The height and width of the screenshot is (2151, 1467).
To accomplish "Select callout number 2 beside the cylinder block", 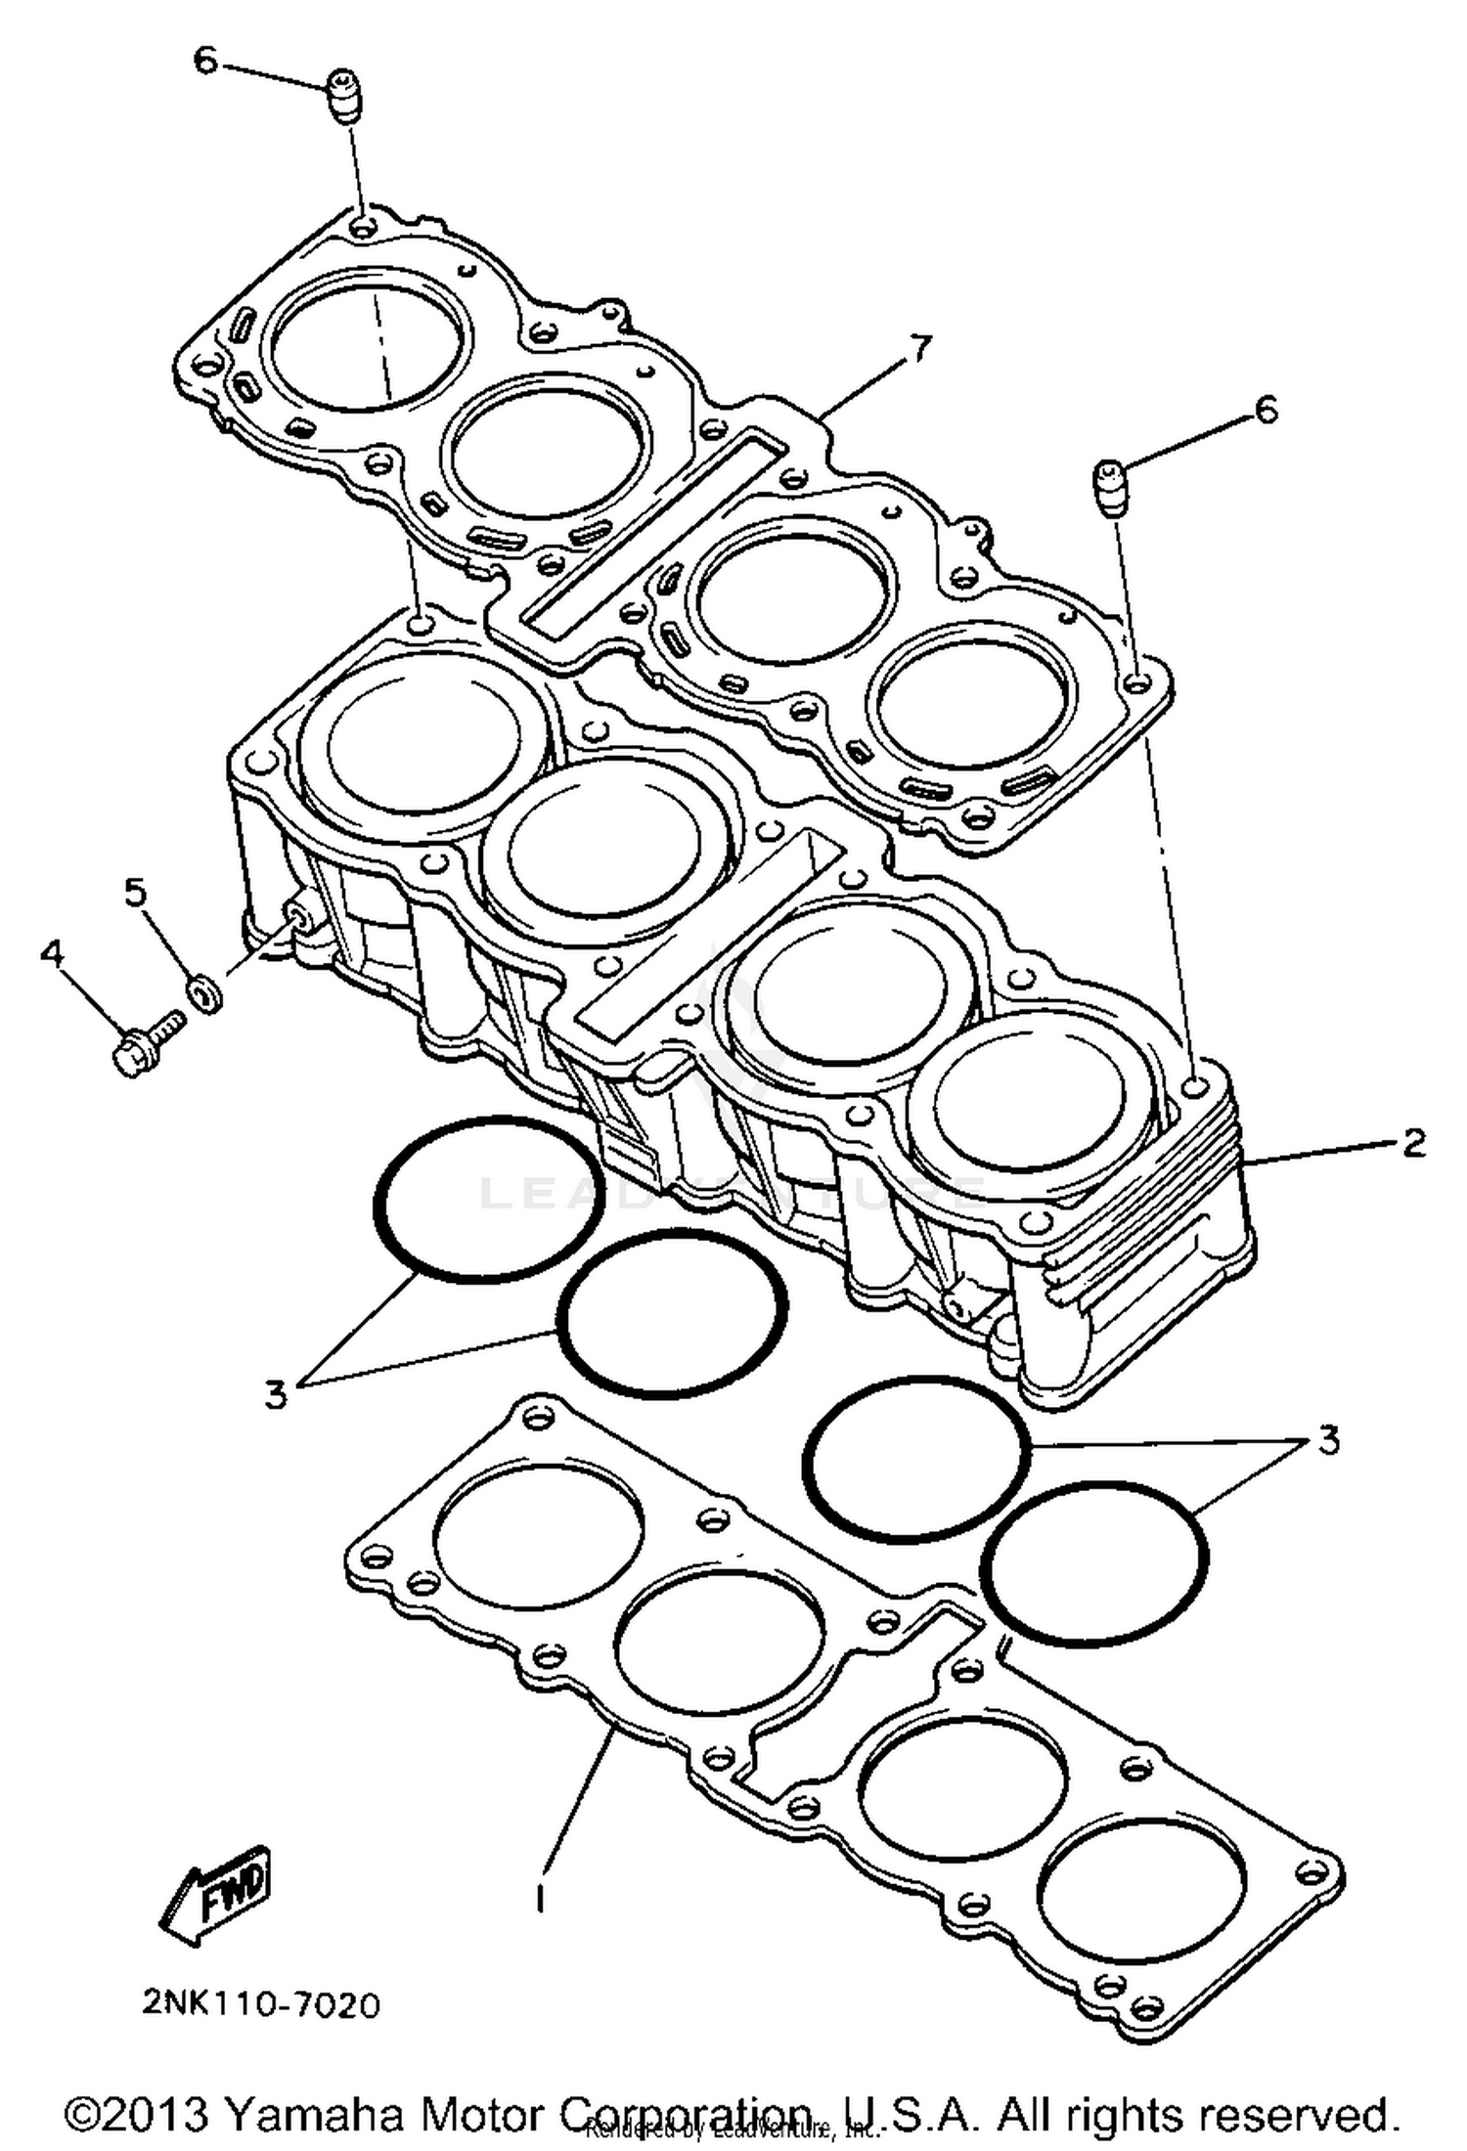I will click(1413, 1142).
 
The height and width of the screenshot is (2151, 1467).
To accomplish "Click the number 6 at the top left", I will click(205, 61).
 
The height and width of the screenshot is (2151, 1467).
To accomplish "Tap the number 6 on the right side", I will click(1266, 411).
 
